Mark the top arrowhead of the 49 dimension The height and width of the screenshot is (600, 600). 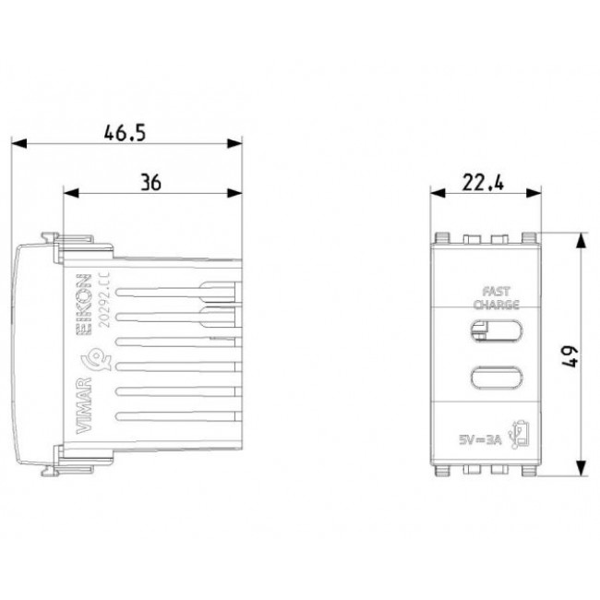[x=581, y=239]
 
